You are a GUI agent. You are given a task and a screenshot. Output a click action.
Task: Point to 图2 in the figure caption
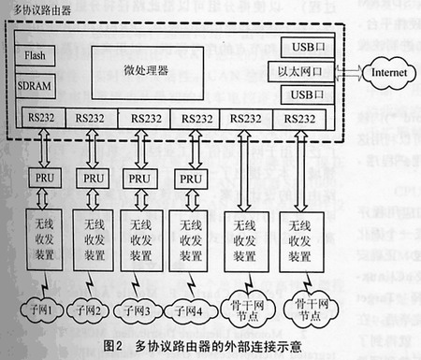[x=110, y=346]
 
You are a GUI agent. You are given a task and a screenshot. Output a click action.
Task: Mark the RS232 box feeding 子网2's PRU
[x=94, y=119]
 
